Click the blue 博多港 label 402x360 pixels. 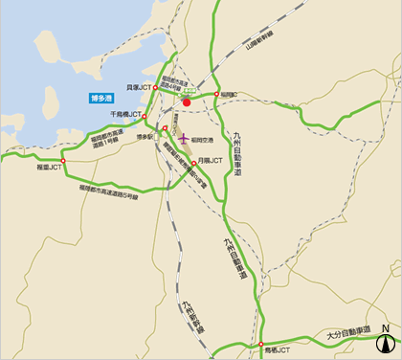[x=101, y=98]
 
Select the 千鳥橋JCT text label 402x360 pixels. [x=125, y=114]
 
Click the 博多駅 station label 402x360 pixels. [x=145, y=137]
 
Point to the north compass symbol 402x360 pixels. [x=385, y=341]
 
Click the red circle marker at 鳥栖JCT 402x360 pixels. [x=260, y=344]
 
